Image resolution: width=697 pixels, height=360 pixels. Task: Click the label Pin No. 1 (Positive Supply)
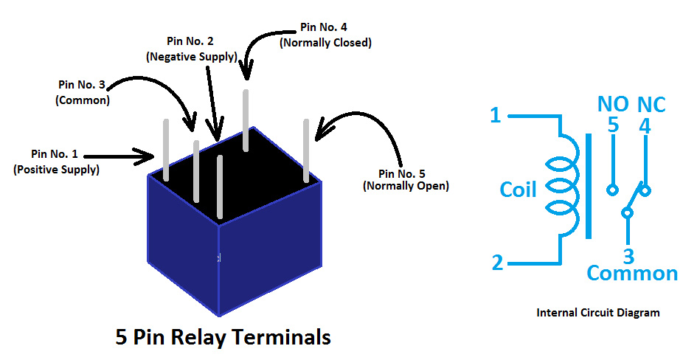55,162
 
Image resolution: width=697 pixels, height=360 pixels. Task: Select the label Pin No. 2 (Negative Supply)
192,49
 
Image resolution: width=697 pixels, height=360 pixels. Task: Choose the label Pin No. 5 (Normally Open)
405,179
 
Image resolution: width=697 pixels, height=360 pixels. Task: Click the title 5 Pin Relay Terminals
223,337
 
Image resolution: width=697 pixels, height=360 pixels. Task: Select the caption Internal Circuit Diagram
597,313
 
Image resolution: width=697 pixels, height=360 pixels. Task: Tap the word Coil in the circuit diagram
518,190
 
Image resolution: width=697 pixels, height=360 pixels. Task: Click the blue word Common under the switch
631,274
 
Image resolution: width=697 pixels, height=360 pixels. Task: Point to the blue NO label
612,105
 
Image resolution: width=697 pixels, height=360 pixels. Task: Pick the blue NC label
651,105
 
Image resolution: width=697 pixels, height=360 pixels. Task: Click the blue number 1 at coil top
496,116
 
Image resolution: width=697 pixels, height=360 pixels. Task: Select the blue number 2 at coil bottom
497,262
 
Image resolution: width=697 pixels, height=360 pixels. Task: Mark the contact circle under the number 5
612,190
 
